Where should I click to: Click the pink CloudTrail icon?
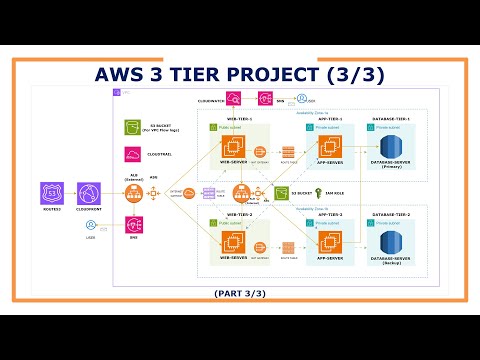click(133, 154)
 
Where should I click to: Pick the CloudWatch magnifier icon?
click(232, 98)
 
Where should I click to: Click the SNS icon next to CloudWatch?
click(266, 98)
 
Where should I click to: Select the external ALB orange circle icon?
click(133, 193)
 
